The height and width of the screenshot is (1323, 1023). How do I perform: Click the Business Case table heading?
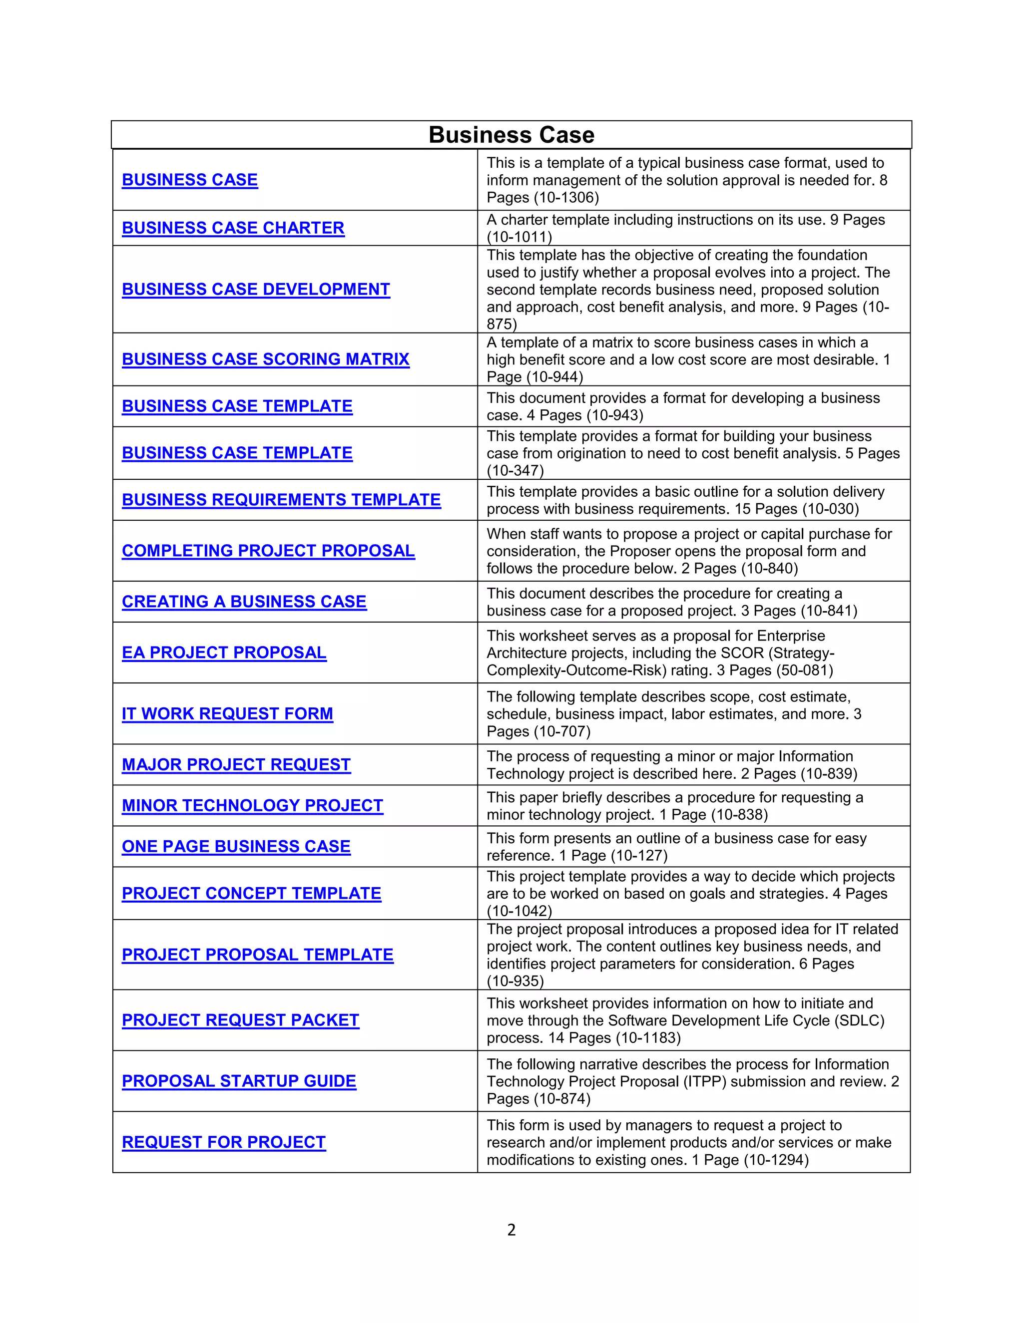511,134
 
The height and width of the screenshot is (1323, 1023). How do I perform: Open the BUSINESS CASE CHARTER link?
233,228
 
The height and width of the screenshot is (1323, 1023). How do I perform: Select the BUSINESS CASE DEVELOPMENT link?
256,289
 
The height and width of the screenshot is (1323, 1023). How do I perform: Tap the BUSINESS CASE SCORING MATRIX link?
265,359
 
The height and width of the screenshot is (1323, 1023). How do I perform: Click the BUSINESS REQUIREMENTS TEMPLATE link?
281,500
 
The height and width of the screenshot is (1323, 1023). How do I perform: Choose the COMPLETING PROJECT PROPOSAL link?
268,551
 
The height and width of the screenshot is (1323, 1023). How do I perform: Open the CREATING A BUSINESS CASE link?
244,602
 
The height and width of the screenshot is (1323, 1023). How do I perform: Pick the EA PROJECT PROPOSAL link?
224,653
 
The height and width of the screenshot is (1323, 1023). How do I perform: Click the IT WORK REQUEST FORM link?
227,713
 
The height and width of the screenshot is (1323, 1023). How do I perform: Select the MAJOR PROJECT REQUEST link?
236,764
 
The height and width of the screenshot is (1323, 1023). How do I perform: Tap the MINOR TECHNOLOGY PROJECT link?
252,806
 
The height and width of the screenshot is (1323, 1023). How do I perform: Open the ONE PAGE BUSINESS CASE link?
236,846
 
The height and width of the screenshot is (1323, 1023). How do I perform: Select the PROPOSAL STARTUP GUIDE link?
239,1081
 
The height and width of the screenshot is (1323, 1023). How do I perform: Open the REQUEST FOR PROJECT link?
224,1142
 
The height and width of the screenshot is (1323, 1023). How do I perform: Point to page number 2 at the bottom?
511,1230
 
